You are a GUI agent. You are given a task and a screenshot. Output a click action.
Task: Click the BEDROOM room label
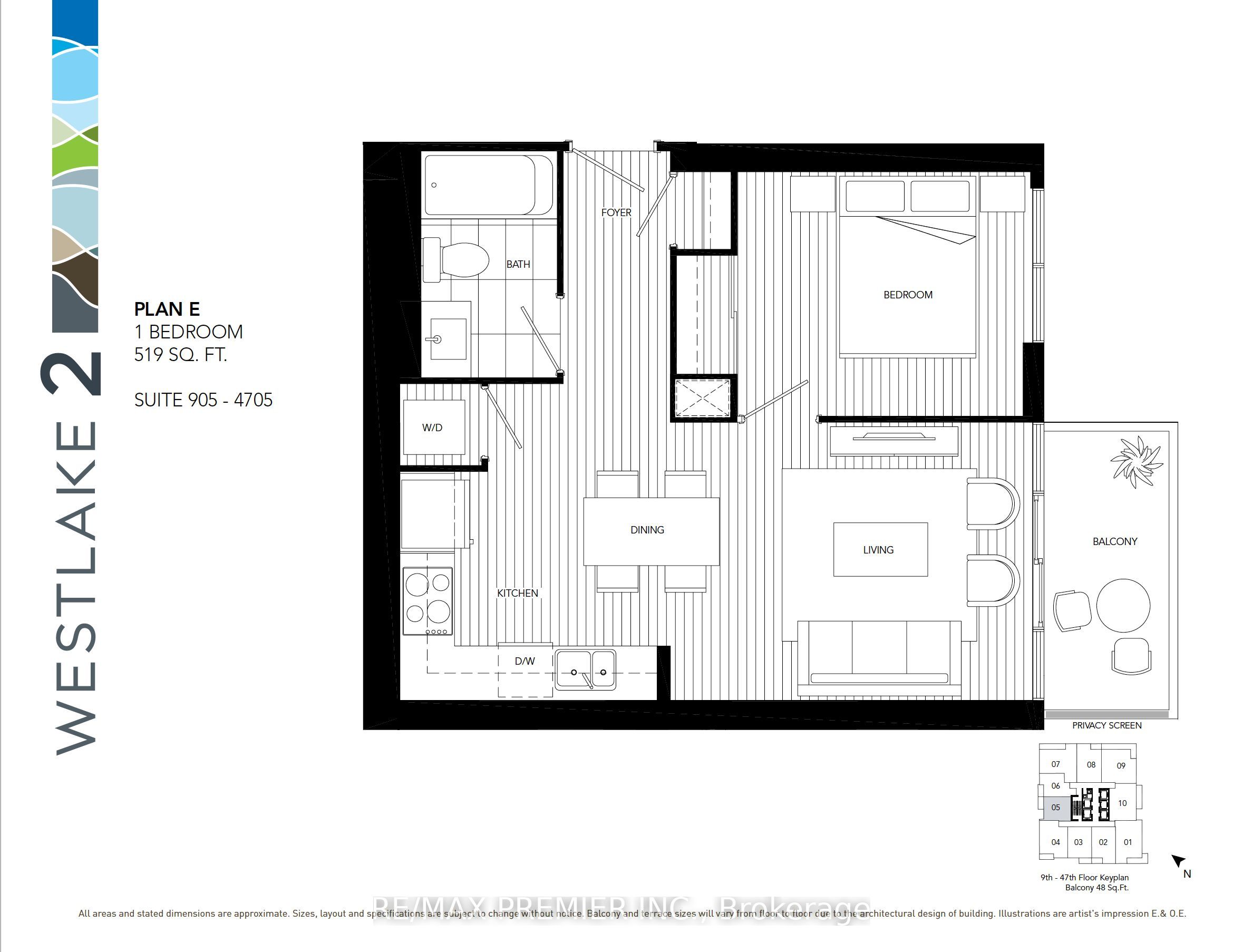pos(908,295)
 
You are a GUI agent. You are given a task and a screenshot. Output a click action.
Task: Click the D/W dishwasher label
pos(525,660)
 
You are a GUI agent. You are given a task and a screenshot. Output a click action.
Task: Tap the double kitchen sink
pos(586,670)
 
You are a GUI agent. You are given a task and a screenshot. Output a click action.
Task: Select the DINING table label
pos(647,530)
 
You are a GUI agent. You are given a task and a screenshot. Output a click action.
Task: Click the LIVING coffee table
pos(879,550)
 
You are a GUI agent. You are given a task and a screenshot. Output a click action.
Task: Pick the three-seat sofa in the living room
pos(879,657)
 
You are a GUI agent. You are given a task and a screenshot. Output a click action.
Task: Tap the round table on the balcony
pos(1123,605)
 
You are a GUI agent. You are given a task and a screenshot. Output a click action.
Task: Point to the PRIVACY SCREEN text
pos(1106,725)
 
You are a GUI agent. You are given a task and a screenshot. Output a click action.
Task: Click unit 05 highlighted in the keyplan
pos(1055,808)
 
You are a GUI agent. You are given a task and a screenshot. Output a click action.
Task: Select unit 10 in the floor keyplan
pos(1122,803)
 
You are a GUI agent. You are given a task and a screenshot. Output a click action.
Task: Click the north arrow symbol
pos(1178,861)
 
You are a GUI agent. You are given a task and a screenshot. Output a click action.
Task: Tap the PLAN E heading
pos(167,309)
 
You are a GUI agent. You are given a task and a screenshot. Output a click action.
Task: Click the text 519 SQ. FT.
pos(180,355)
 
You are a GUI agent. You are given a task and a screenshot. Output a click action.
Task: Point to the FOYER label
pos(616,212)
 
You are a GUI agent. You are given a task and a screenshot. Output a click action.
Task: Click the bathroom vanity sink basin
pos(448,339)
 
